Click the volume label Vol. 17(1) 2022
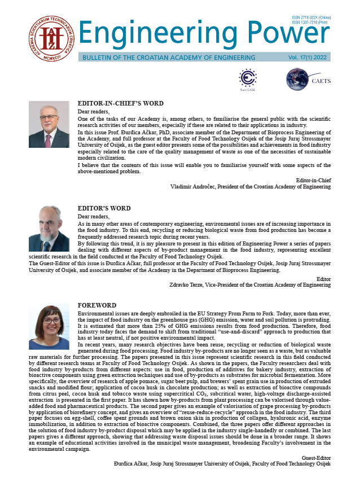click(x=308, y=58)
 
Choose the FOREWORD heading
click(x=96, y=305)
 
